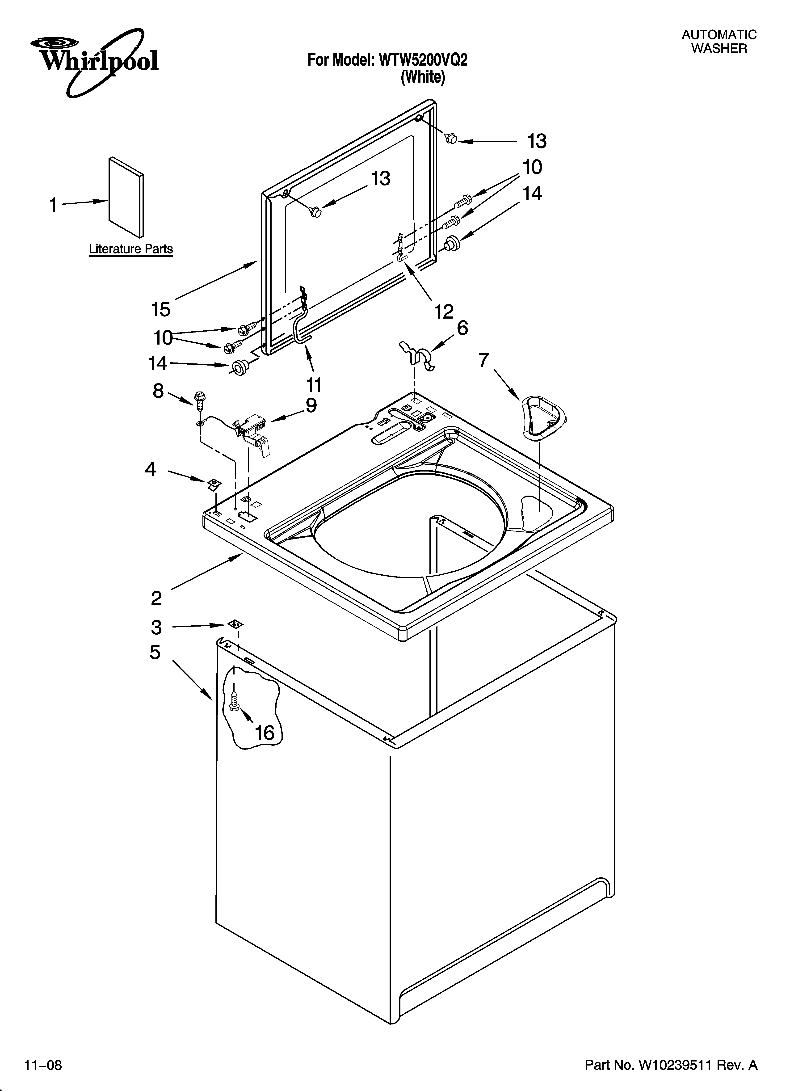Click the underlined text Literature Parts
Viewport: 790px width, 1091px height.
point(131,249)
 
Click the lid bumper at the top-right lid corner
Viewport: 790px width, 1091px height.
point(451,139)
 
